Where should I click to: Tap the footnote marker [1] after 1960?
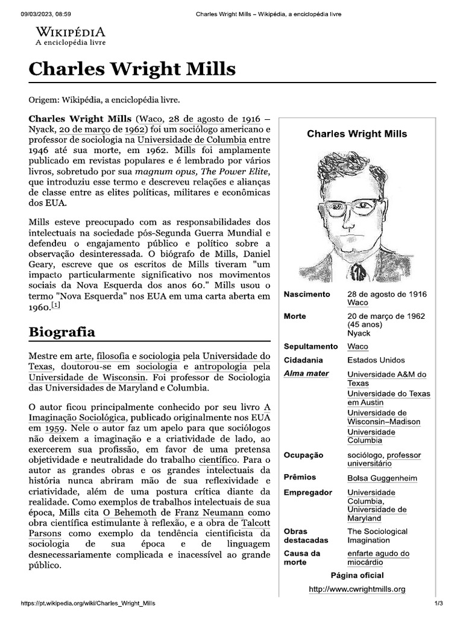coord(56,305)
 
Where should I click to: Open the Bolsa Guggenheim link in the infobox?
coord(382,478)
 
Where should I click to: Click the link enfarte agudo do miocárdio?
coord(377,558)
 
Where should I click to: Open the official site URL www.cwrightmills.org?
coord(357,589)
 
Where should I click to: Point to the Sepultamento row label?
coord(310,346)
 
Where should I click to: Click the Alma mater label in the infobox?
coord(306,374)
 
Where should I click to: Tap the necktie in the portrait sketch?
coord(357,272)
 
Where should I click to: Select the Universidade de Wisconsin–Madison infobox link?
coord(383,417)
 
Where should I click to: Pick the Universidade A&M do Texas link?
coord(386,378)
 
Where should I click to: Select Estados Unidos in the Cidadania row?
coord(376,360)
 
